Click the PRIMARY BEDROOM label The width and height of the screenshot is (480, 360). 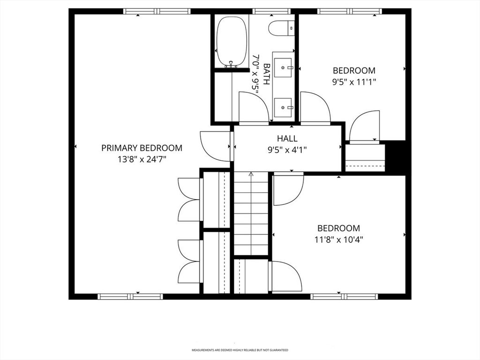(x=142, y=148)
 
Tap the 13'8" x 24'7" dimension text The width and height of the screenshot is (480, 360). (x=142, y=159)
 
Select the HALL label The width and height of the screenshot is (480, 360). (x=287, y=139)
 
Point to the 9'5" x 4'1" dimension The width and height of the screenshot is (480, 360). (x=287, y=150)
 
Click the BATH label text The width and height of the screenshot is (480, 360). (x=267, y=74)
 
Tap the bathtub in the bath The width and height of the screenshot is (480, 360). (x=232, y=42)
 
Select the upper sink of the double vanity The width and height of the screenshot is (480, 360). (x=284, y=67)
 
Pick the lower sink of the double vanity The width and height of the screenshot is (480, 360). (x=284, y=107)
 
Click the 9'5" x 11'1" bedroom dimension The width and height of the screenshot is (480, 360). (x=354, y=82)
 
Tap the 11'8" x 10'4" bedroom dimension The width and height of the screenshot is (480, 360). (x=338, y=240)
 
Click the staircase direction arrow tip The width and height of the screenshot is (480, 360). (x=251, y=173)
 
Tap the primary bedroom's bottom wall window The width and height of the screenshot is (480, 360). (x=130, y=296)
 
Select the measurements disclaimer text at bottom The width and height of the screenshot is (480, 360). (x=240, y=350)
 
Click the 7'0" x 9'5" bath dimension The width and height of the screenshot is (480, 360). (x=255, y=74)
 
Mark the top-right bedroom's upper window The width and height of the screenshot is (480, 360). (x=350, y=12)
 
